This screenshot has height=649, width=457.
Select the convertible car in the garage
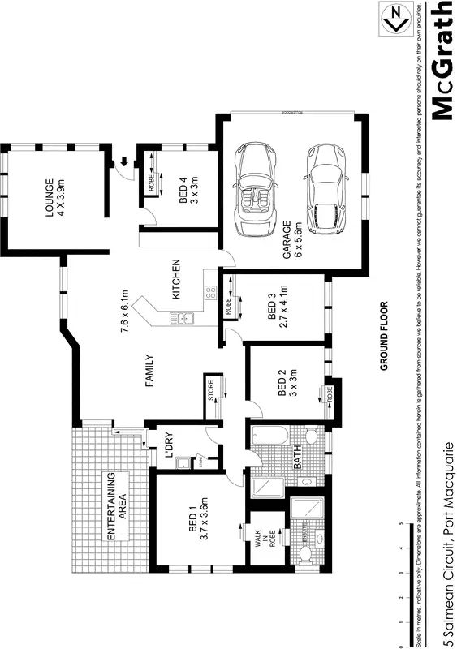pyautogui.click(x=257, y=190)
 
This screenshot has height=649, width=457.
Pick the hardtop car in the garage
pyautogui.click(x=326, y=190)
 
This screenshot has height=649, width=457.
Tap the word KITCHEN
pyautogui.click(x=175, y=279)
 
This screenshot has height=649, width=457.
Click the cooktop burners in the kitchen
pyautogui.click(x=210, y=292)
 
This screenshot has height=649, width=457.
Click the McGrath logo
pyautogui.click(x=440, y=61)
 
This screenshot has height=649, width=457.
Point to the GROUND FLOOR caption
pyautogui.click(x=384, y=337)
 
